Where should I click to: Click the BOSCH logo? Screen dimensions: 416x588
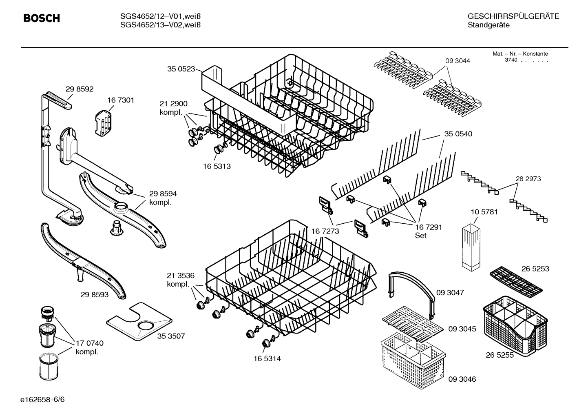pos(42,18)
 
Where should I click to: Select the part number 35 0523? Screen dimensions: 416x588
pos(181,69)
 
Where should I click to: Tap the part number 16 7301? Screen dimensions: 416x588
pos(121,100)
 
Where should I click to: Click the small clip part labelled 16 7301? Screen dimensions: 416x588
pos(104,122)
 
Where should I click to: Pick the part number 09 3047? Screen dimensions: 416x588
pos(450,293)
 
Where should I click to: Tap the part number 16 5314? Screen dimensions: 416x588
pos(267,358)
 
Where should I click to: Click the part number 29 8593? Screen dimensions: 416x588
pos(95,294)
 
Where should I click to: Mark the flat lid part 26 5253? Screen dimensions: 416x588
pos(516,281)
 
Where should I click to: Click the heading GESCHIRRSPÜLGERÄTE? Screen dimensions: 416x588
pos(513,17)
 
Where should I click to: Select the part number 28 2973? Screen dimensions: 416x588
pos(528,179)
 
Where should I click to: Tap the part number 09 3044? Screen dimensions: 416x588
pos(458,61)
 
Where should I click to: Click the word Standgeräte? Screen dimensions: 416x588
pos(489,25)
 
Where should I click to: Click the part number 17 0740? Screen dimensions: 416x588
pos(89,343)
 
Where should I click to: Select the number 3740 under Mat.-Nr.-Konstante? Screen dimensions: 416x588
pos(511,60)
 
